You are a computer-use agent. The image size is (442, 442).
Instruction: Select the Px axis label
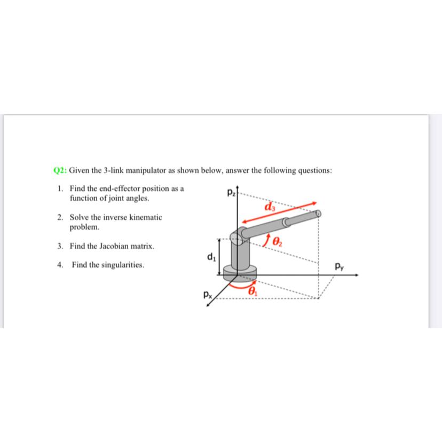click(207, 293)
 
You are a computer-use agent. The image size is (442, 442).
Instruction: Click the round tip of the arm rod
click(319, 214)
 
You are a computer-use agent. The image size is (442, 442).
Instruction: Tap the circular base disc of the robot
click(238, 274)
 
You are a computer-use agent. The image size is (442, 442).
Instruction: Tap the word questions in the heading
click(315, 171)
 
